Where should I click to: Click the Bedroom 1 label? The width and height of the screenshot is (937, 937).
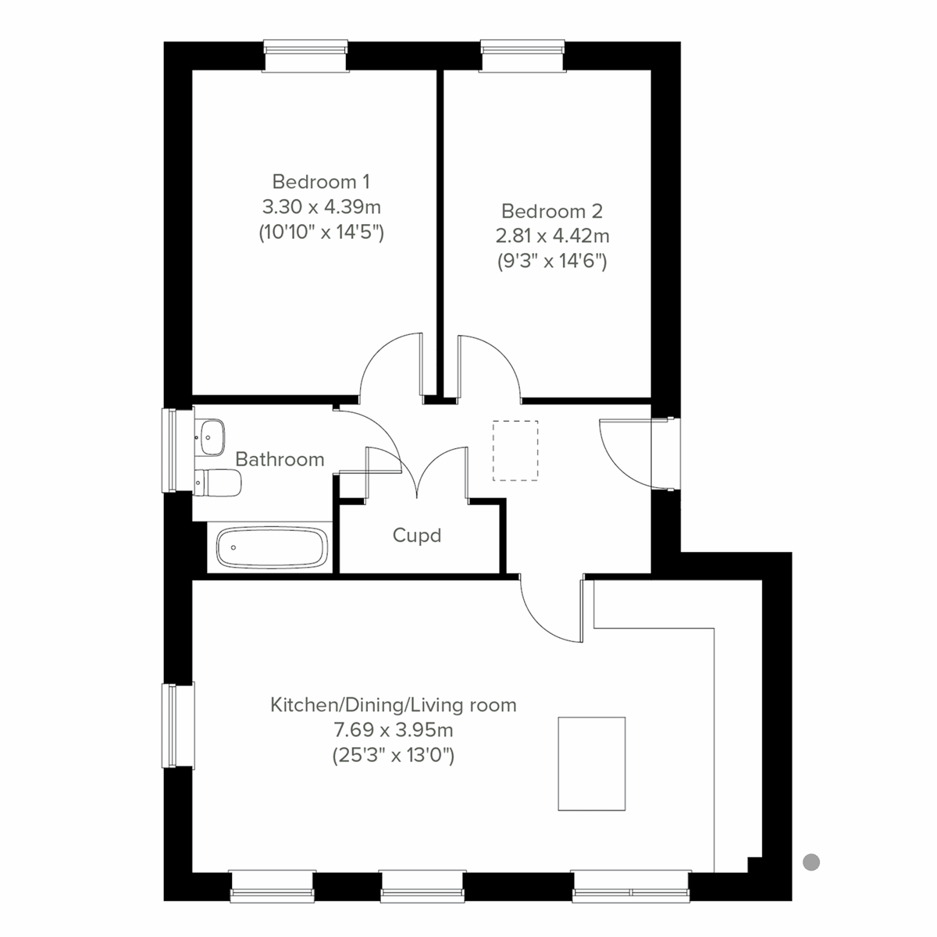tap(321, 182)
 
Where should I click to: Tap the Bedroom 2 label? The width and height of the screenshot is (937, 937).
tap(552, 211)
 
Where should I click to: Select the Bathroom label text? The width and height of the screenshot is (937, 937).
tap(280, 459)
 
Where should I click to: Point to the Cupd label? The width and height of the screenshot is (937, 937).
tap(417, 536)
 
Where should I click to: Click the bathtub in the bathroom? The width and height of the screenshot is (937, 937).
tap(271, 549)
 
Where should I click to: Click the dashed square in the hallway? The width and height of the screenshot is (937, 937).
tap(515, 451)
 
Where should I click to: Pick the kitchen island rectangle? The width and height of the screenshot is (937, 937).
tap(592, 764)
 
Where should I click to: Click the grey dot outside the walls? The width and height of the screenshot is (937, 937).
tap(812, 862)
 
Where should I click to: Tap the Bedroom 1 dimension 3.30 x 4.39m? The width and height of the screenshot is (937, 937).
tap(321, 207)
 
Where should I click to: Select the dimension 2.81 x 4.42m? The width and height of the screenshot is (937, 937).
tap(552, 236)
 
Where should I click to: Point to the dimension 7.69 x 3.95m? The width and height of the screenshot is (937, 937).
tap(394, 731)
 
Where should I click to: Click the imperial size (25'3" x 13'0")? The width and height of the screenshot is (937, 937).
tap(394, 756)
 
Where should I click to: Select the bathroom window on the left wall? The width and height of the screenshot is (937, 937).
tap(168, 451)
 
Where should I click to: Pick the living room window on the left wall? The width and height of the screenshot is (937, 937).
tap(168, 726)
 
